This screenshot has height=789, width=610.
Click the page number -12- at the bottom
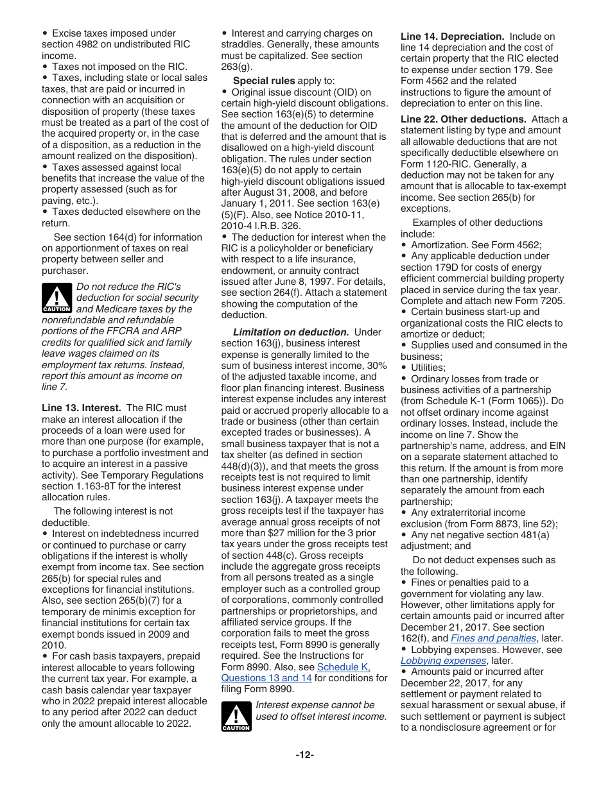click(304, 755)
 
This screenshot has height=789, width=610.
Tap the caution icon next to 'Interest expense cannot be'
click(236, 716)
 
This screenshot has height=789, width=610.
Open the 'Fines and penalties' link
click(493, 638)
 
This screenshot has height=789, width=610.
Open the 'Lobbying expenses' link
click(443, 661)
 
